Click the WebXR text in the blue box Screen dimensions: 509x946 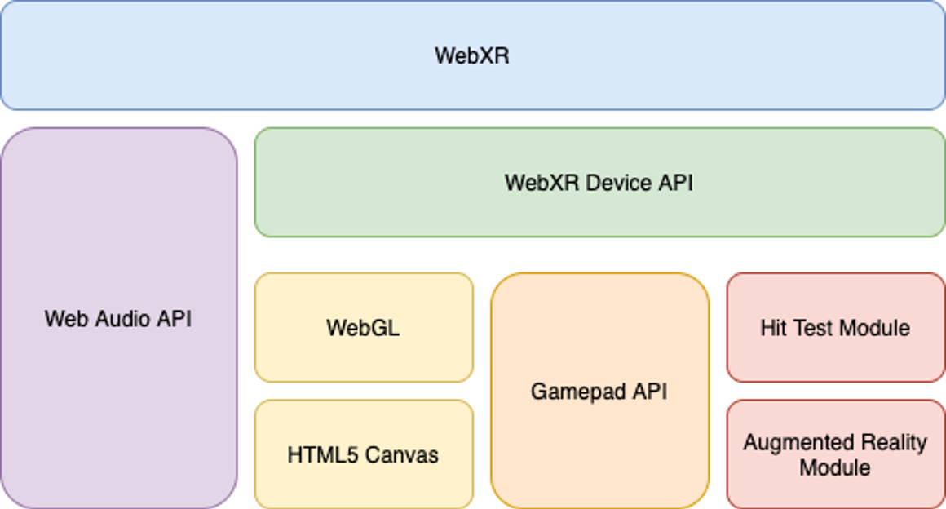click(472, 55)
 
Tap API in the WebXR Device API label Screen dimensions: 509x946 click(677, 182)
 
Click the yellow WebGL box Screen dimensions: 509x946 click(364, 328)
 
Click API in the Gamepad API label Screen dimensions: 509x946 click(651, 392)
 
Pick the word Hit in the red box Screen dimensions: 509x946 click(772, 328)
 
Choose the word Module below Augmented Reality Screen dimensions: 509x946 click(834, 468)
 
